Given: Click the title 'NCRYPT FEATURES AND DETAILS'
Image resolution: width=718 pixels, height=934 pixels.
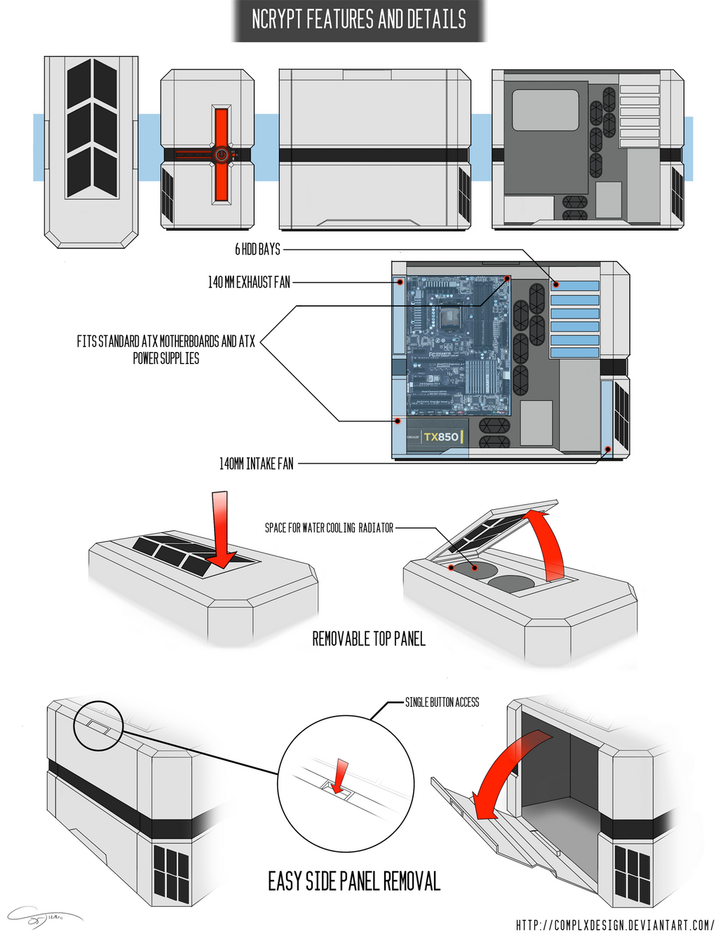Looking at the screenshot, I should (358, 20).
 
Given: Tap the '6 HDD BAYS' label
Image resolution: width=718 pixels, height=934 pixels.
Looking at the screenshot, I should (257, 249).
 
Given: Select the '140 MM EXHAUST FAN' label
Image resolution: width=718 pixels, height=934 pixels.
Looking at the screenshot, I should (249, 283).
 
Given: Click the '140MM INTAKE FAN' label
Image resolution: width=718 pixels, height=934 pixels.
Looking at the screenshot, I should (256, 463).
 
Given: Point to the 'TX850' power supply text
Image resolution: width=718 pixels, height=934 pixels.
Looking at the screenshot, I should (441, 437).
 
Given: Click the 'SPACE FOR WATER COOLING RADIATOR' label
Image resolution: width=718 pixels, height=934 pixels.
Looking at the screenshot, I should (329, 528).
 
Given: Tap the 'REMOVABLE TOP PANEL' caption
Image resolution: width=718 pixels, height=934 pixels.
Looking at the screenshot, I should (369, 639).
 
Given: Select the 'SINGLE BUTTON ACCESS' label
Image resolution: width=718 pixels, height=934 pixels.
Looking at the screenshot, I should (442, 702).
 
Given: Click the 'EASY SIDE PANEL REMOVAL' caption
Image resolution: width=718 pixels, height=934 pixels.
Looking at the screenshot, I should (354, 881).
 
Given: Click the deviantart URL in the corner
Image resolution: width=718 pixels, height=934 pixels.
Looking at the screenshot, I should (614, 925).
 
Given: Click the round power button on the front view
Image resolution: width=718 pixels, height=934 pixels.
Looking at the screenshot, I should (221, 155).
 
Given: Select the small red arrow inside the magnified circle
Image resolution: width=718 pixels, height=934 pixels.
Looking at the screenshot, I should (341, 776).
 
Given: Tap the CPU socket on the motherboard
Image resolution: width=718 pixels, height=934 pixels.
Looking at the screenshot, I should (449, 316).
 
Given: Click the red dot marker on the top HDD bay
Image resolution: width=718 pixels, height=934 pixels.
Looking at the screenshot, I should (555, 285).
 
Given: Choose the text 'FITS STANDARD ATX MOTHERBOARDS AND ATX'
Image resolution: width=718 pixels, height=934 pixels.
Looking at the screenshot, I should (165, 341).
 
